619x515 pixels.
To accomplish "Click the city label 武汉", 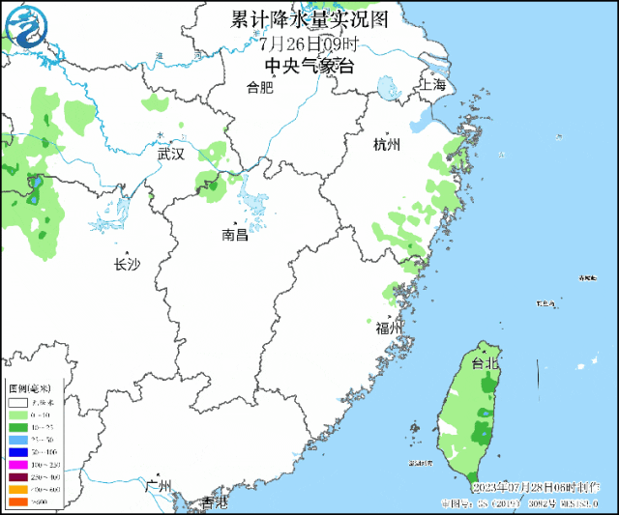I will tap(170, 153).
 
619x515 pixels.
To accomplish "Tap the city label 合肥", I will tap(260, 88).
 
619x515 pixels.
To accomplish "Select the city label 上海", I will tap(432, 85).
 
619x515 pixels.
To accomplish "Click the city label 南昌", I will tap(234, 235).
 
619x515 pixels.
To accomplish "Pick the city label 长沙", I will tap(127, 264).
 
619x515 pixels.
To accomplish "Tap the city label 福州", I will tap(390, 329).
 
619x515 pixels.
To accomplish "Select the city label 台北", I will tap(484, 363).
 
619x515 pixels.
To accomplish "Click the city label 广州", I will tap(158, 485).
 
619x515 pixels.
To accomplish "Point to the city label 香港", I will tap(214, 502).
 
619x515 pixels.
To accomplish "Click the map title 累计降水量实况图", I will tap(309, 19).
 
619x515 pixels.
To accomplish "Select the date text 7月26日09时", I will tap(309, 43).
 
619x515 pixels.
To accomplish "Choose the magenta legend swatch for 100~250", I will tap(18, 466).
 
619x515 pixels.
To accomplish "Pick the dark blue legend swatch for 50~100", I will tap(18, 452).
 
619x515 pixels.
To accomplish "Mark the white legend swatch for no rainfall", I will tap(18, 402).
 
